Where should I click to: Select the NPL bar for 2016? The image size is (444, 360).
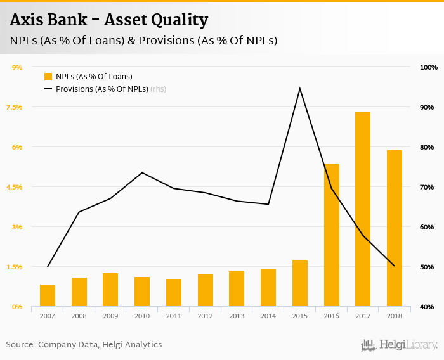click(x=331, y=235)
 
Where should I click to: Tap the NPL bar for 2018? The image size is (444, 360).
click(x=394, y=228)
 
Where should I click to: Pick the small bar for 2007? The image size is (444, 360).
click(x=48, y=295)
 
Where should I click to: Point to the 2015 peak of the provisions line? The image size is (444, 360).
click(x=299, y=88)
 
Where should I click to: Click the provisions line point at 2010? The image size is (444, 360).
click(x=142, y=173)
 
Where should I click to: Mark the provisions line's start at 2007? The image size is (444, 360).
click(x=48, y=266)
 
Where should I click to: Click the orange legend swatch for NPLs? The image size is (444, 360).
click(x=48, y=77)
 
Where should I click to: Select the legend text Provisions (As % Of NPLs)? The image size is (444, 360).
click(x=101, y=89)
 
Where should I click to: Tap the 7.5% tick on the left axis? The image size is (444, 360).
click(x=14, y=107)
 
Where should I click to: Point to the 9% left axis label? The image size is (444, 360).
click(x=17, y=67)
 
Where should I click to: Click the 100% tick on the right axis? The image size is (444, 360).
click(x=429, y=67)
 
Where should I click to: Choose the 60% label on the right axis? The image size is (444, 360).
click(x=427, y=227)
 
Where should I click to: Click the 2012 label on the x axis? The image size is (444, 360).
click(x=205, y=316)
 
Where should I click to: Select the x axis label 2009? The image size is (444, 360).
click(x=110, y=316)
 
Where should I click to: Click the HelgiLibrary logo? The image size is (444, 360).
click(x=400, y=345)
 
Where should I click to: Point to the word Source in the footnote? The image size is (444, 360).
click(x=20, y=345)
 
